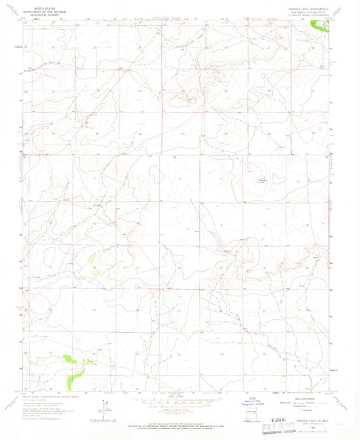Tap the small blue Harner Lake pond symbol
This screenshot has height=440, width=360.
click(258, 181)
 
